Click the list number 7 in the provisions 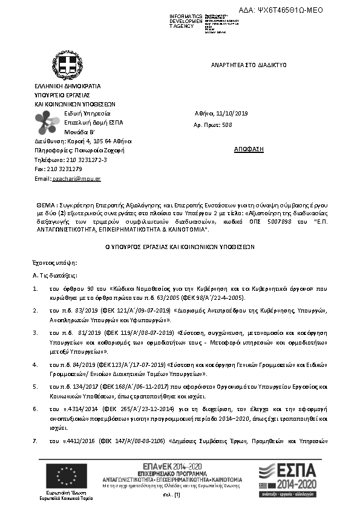point(35,442)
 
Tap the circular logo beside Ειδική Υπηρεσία point(47,123)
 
